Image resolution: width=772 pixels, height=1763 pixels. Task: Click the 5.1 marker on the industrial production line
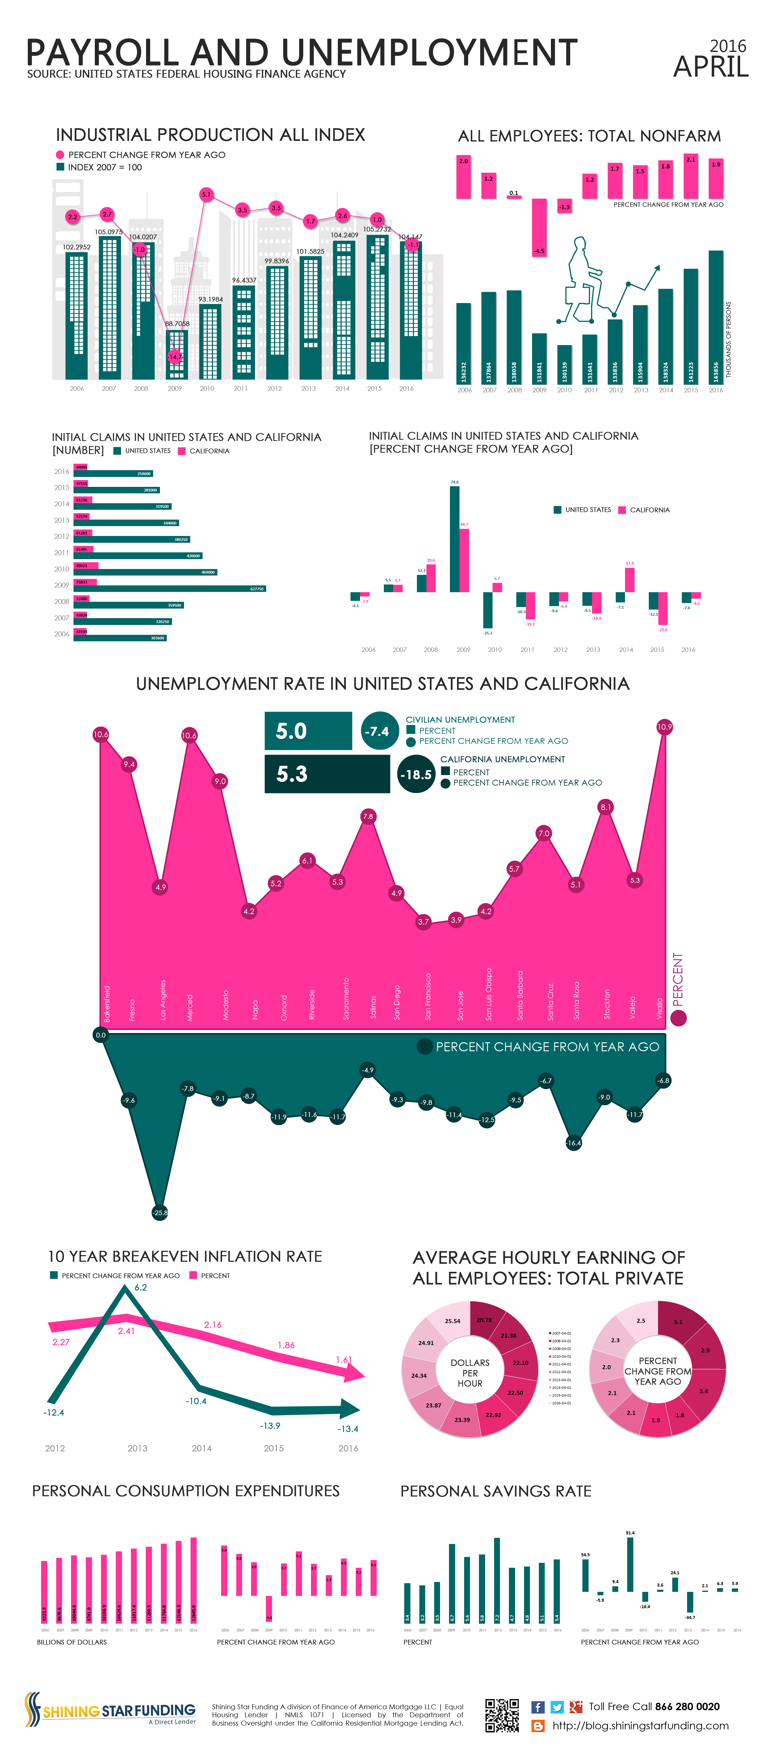coord(206,194)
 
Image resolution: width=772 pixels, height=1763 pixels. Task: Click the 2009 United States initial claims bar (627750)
coord(169,588)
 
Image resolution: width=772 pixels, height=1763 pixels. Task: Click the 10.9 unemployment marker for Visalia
coord(664,727)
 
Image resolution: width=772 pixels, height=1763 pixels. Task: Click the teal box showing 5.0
coord(308,731)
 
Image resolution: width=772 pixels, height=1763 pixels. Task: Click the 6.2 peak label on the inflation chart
coord(140,1287)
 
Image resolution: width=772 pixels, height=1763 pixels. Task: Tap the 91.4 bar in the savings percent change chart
coord(630,1564)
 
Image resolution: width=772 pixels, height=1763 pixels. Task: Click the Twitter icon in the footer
coord(556,1707)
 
